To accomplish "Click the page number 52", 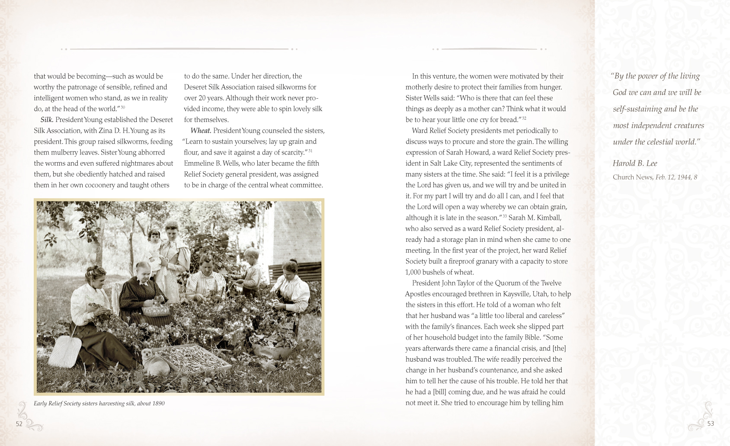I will pos(19,424).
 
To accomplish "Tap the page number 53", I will pos(711,424).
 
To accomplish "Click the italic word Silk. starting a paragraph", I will pos(47,120).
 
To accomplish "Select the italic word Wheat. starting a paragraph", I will pos(201,131).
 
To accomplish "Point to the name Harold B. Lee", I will pos(634,164).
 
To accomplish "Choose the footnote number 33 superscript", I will pos(504,216).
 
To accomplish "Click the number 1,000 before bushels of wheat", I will pos(414,272).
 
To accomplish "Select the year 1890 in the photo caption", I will pos(158,404).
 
